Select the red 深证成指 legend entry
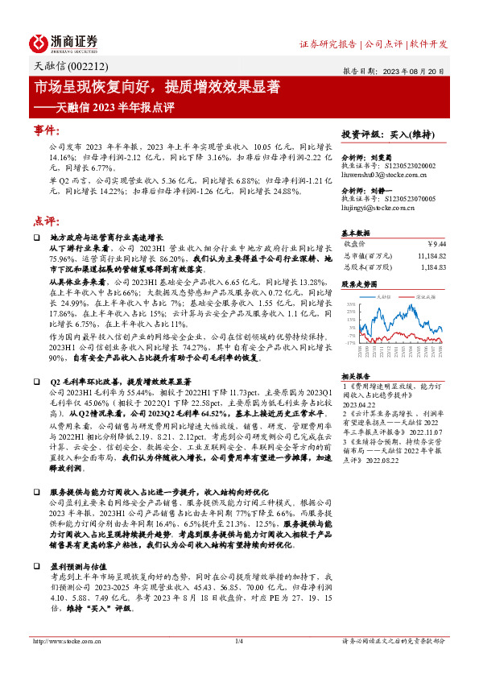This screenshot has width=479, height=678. pyautogui.click(x=424, y=296)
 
